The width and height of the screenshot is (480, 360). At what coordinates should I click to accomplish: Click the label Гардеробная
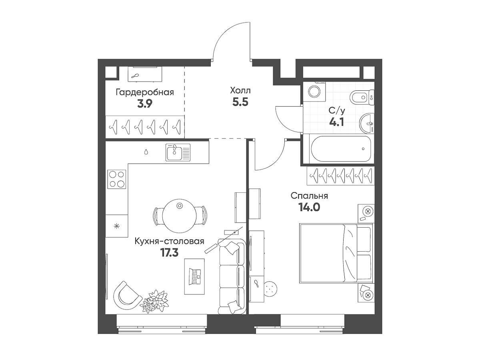pyautogui.click(x=145, y=92)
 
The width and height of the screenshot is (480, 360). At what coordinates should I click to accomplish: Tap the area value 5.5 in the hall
pyautogui.click(x=240, y=102)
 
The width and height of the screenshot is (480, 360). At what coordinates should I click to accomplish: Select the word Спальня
pyautogui.click(x=309, y=196)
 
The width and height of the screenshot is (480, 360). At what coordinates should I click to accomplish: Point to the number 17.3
pyautogui.click(x=170, y=253)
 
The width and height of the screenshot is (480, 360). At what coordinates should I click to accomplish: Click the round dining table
pyautogui.click(x=179, y=216)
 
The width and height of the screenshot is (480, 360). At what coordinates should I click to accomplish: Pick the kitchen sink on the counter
pyautogui.click(x=178, y=152)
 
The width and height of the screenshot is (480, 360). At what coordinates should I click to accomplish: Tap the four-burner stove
pyautogui.click(x=117, y=179)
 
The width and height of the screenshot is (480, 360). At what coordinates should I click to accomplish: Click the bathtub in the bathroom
pyautogui.click(x=341, y=149)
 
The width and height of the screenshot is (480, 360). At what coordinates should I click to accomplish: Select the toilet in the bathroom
pyautogui.click(x=362, y=97)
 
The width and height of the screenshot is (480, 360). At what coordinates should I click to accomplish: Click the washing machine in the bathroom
pyautogui.click(x=314, y=92)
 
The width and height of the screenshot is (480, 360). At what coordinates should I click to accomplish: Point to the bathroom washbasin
pyautogui.click(x=367, y=123)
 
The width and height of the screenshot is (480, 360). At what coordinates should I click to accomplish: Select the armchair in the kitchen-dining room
pyautogui.click(x=127, y=295)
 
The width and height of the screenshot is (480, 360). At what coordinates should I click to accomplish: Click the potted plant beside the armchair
pyautogui.click(x=154, y=301)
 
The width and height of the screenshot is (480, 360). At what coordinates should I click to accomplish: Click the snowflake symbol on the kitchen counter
pyautogui.click(x=117, y=226)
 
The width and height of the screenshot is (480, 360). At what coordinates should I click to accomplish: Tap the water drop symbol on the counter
pyautogui.click(x=146, y=152)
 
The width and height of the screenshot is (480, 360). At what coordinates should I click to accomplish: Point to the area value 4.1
pyautogui.click(x=336, y=122)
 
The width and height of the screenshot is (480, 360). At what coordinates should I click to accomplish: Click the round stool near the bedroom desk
pyautogui.click(x=271, y=288)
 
